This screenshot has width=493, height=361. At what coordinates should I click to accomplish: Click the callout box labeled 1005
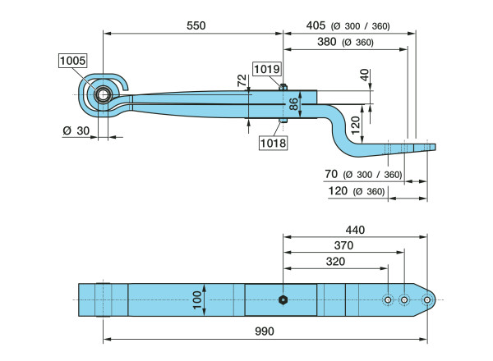(x=71, y=60)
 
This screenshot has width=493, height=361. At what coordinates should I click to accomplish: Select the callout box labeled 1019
(x=265, y=70)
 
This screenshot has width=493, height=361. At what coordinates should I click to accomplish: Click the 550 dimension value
(x=196, y=25)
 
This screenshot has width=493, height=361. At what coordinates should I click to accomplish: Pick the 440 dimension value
(x=355, y=230)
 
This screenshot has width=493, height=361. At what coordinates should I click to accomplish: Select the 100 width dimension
(x=195, y=299)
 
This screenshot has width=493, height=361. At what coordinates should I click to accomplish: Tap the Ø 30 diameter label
(x=74, y=131)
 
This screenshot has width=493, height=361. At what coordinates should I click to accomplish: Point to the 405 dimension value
(x=317, y=26)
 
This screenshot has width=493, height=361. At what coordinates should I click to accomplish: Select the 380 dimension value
(x=327, y=42)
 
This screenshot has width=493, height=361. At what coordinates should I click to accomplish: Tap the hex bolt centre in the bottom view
(x=283, y=299)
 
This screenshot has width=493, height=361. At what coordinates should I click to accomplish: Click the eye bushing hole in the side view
(x=105, y=94)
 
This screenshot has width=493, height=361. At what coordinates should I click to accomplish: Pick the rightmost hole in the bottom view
(x=426, y=299)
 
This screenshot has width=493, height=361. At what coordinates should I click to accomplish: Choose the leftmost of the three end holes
(x=388, y=299)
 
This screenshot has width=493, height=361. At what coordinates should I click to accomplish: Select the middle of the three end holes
(x=404, y=299)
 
